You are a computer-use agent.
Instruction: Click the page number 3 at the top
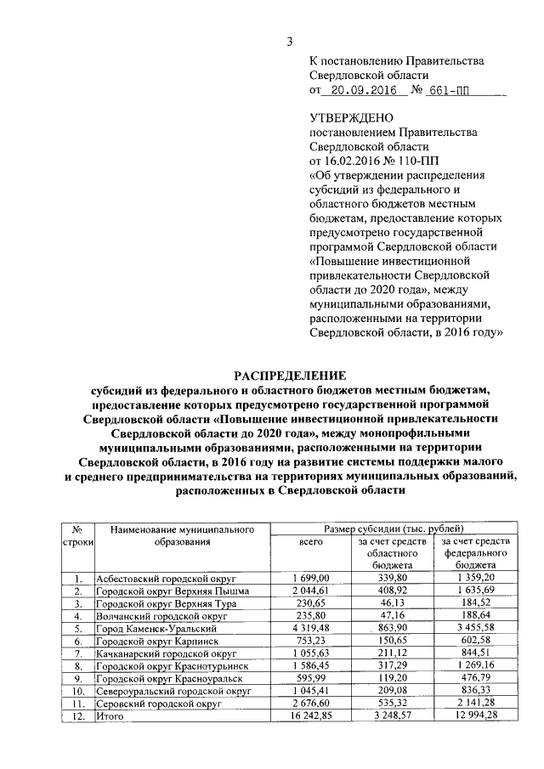[289, 42]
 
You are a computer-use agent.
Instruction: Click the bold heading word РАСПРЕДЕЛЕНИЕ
[291, 375]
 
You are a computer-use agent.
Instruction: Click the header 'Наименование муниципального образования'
[182, 534]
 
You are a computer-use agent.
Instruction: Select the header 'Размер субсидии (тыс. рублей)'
[392, 528]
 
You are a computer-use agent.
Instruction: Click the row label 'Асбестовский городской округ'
[164, 579]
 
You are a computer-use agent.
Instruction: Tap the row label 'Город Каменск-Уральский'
[155, 628]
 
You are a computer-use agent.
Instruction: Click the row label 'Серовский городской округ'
[157, 704]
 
